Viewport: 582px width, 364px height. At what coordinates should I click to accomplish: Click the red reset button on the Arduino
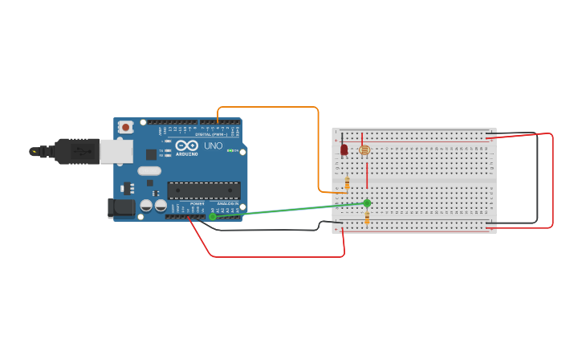(x=126, y=127)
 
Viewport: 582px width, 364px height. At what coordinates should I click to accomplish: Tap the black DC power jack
(x=121, y=207)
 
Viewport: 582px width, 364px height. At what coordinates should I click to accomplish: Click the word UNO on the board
(x=214, y=147)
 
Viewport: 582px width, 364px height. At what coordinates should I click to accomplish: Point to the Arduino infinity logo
(x=187, y=145)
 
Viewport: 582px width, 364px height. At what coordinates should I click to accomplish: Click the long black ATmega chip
(x=203, y=190)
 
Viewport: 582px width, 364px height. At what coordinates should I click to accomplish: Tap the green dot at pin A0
(x=213, y=216)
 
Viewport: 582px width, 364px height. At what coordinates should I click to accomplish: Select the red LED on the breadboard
(x=344, y=149)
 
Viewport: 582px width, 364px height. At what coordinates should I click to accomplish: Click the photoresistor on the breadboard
(x=364, y=149)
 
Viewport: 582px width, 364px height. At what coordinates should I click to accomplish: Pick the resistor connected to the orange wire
(x=347, y=184)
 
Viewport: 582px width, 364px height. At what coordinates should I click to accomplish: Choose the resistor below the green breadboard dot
(x=367, y=218)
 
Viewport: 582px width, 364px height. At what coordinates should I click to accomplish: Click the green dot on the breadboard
(x=367, y=203)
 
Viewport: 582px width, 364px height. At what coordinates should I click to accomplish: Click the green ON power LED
(x=231, y=150)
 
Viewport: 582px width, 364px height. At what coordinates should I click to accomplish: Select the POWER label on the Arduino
(x=197, y=204)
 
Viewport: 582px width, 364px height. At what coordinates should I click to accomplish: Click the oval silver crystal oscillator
(x=149, y=170)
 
